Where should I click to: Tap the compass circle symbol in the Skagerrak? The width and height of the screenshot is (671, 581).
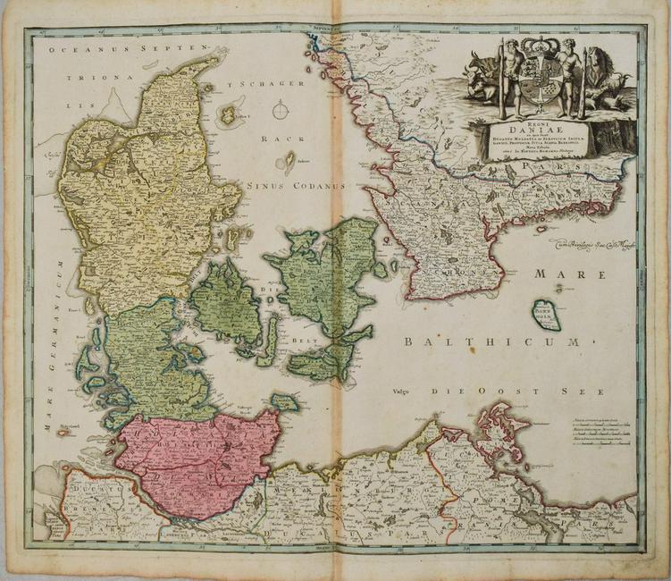280,110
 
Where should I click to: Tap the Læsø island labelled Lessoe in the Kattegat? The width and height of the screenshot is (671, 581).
228,114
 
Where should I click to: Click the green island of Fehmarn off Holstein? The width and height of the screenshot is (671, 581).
285,402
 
